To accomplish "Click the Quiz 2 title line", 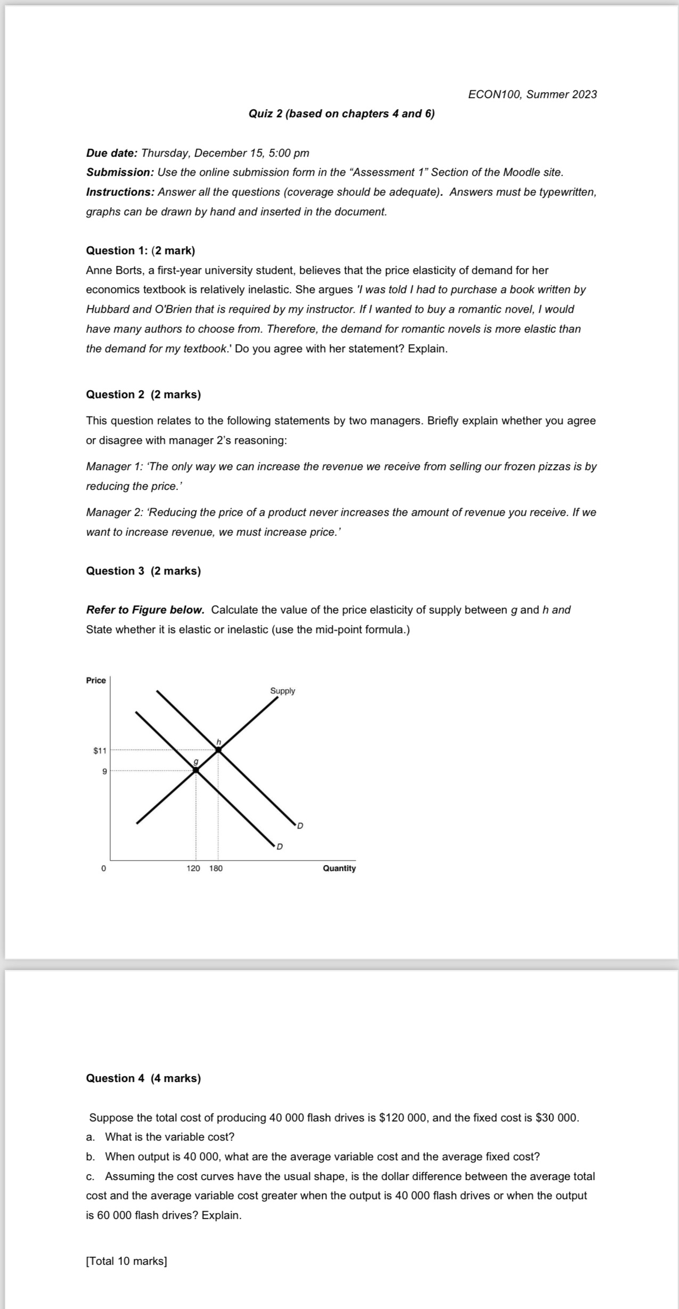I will pyautogui.click(x=341, y=114).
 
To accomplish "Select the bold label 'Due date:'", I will pyautogui.click(x=112, y=153).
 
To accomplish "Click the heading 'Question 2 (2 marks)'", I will pyautogui.click(x=143, y=394).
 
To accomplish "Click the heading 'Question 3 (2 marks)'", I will pyautogui.click(x=143, y=571).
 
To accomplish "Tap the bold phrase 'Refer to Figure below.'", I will pyautogui.click(x=145, y=610).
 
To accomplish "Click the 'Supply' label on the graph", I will pyautogui.click(x=282, y=691).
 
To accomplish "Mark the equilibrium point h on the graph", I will pyautogui.click(x=218, y=750).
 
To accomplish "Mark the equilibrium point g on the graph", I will pyautogui.click(x=195, y=770).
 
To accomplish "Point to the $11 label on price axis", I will pyautogui.click(x=100, y=750).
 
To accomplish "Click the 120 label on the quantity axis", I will pyautogui.click(x=193, y=868).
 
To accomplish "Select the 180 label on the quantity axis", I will pyautogui.click(x=216, y=868).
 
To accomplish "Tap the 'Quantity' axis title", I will pyautogui.click(x=339, y=868).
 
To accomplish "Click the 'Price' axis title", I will pyautogui.click(x=96, y=680).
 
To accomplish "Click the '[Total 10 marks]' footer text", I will pyautogui.click(x=126, y=1261).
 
